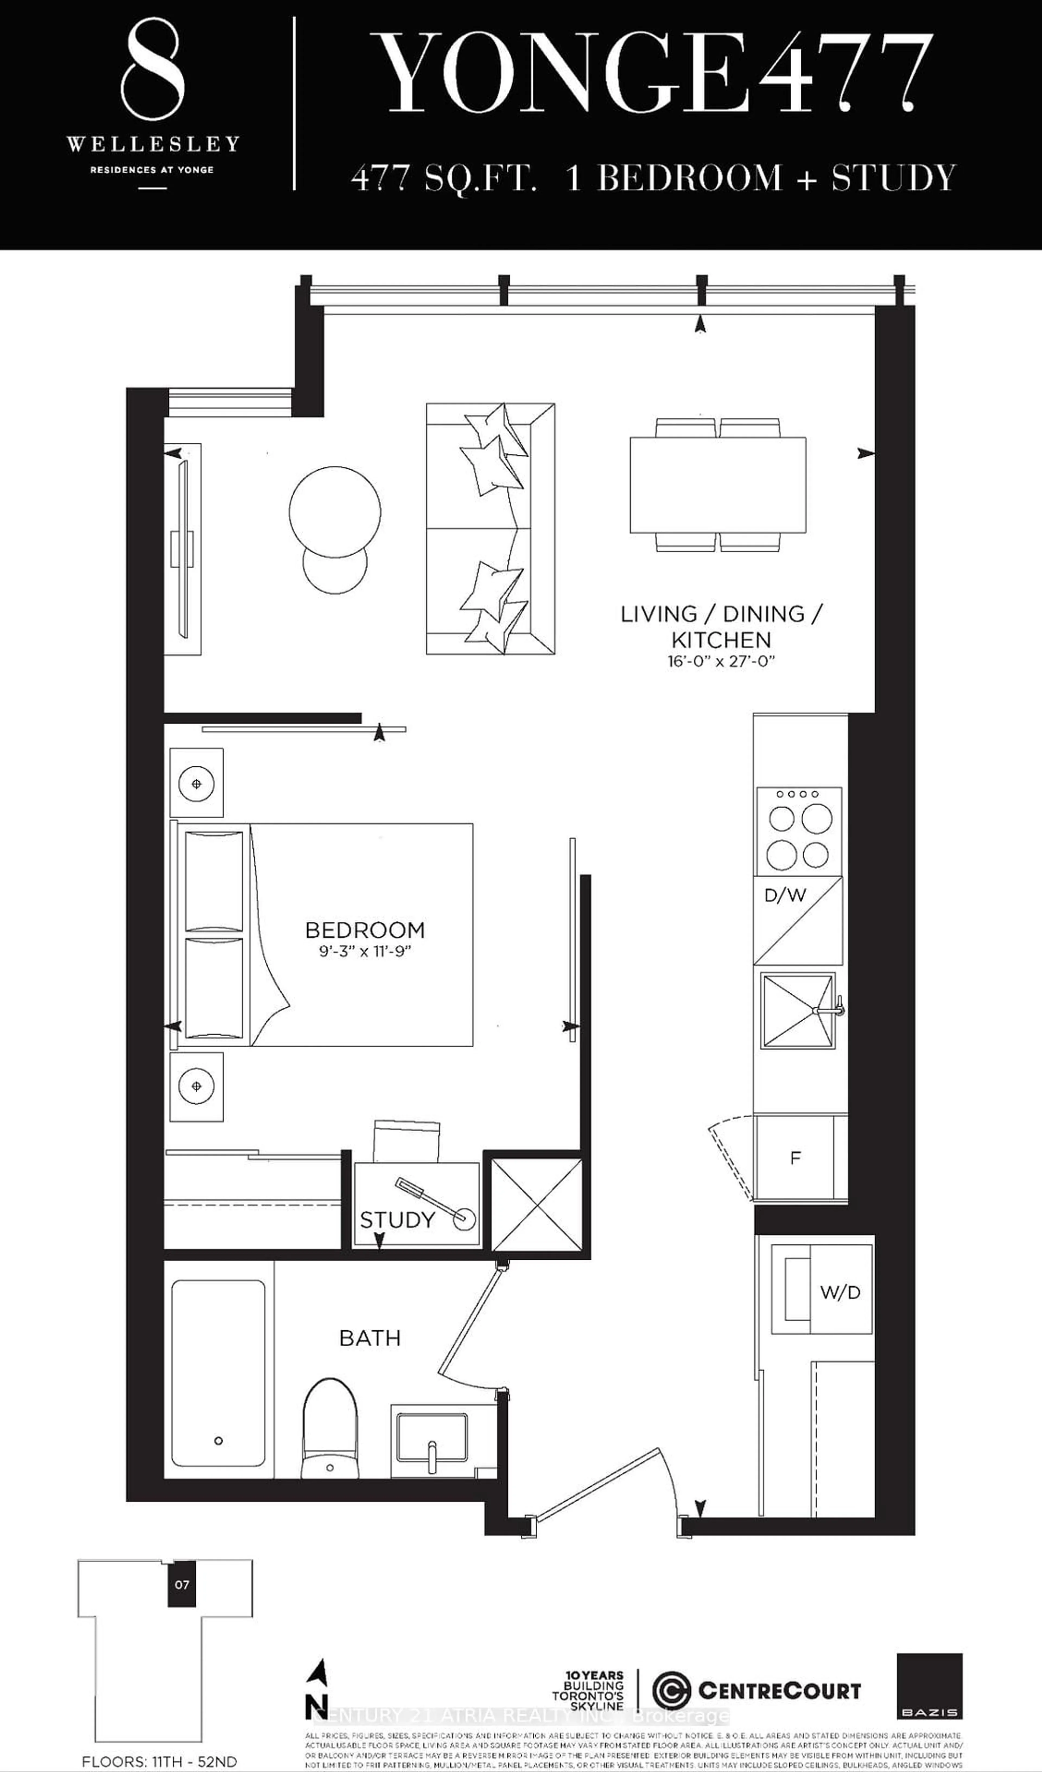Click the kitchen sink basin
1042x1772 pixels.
tap(797, 1010)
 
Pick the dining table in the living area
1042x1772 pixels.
tap(718, 484)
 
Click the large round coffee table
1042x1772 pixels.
tap(335, 511)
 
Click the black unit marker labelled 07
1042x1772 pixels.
tap(182, 1585)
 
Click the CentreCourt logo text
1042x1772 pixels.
tap(779, 1690)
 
